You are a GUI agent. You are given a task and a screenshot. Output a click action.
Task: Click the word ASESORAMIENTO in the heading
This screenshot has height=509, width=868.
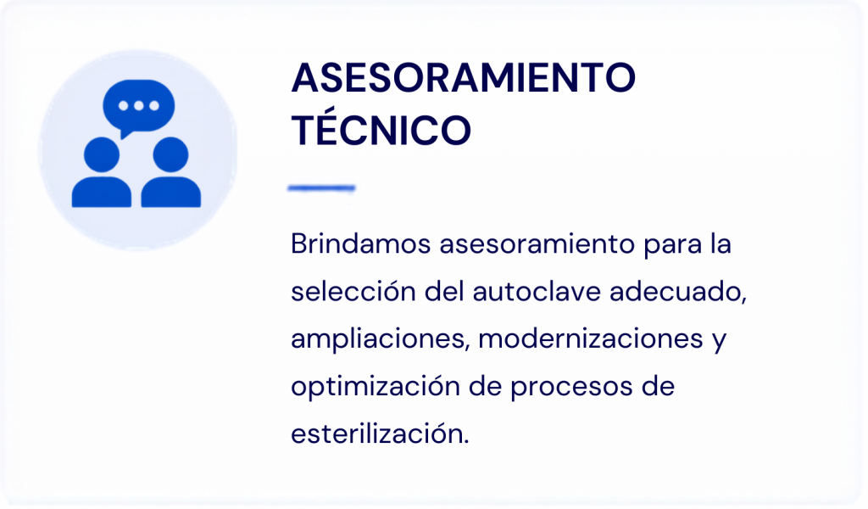(x=464, y=78)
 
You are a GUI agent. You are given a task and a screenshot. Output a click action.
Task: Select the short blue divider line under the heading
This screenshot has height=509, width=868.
(x=321, y=188)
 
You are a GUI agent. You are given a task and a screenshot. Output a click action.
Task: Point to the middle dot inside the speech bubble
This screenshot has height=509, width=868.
(x=139, y=106)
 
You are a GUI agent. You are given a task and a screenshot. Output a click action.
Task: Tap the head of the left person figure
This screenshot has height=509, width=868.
(x=102, y=154)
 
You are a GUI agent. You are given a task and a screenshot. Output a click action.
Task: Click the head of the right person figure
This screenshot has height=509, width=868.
(x=170, y=154)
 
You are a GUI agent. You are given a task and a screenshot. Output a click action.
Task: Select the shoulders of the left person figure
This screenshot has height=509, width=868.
(x=102, y=193)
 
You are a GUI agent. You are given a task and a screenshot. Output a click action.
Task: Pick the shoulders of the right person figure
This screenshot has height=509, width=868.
(x=171, y=193)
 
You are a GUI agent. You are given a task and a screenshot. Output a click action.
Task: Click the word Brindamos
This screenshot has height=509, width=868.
(x=361, y=243)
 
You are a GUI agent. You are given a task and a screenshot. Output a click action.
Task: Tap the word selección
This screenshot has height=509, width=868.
(x=353, y=291)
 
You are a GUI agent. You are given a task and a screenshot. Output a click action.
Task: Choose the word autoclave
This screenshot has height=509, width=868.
(x=537, y=291)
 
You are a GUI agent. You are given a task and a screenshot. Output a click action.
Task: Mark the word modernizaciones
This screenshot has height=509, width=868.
(x=591, y=339)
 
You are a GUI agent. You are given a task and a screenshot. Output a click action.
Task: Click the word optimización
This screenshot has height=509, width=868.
(x=376, y=387)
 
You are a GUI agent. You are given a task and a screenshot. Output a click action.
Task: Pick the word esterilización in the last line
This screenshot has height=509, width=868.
(x=381, y=433)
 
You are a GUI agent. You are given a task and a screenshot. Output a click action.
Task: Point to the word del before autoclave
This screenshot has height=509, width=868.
(x=444, y=291)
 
